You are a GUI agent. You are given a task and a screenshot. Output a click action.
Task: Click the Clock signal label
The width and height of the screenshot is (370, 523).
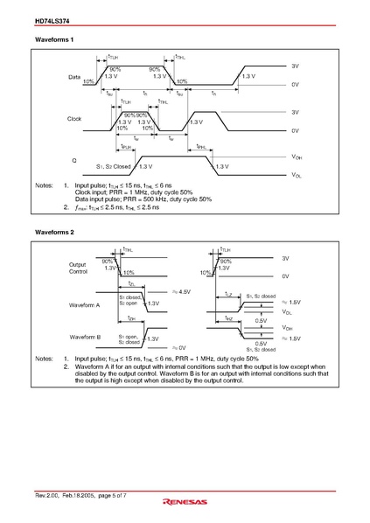click(74, 118)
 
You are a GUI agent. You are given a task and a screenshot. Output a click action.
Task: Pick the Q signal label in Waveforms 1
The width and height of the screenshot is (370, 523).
click(74, 159)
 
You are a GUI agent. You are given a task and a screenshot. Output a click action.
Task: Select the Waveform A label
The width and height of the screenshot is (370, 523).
click(85, 305)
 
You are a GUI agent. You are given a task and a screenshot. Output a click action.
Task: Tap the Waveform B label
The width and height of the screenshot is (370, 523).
click(85, 336)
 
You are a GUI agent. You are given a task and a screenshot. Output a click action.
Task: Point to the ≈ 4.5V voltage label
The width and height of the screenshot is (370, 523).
click(181, 292)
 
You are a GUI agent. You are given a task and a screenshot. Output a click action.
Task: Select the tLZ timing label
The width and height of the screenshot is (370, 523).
click(228, 294)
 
